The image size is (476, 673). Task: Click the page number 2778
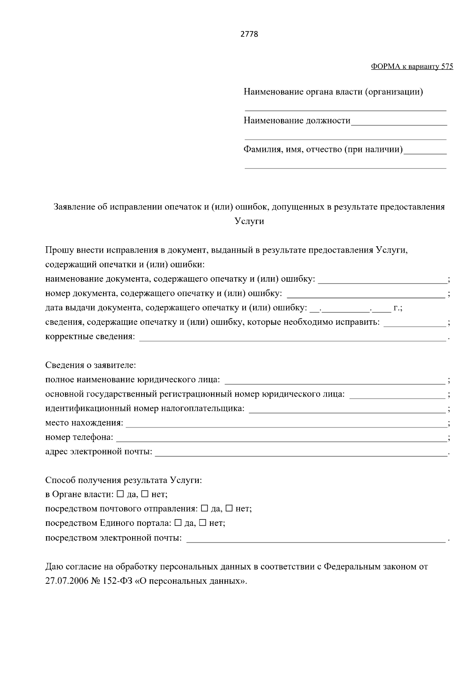[x=250, y=34]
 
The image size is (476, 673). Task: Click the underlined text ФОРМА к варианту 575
[x=412, y=67]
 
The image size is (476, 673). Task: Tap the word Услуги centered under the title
[x=250, y=221]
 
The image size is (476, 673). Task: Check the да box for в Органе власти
[x=120, y=494]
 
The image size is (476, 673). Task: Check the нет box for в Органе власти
[x=145, y=494]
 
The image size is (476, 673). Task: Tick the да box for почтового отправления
[x=205, y=508]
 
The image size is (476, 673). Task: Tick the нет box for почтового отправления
[x=229, y=508]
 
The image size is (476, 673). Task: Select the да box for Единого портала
[x=178, y=523]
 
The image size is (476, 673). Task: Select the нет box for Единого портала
[x=203, y=523]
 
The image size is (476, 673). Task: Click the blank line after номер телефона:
[x=281, y=439]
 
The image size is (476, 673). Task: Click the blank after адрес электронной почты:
[x=301, y=453]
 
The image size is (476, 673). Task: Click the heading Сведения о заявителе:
[x=90, y=365]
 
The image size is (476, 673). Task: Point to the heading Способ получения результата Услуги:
[x=123, y=480]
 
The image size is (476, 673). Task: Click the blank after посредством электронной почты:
[x=315, y=539]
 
